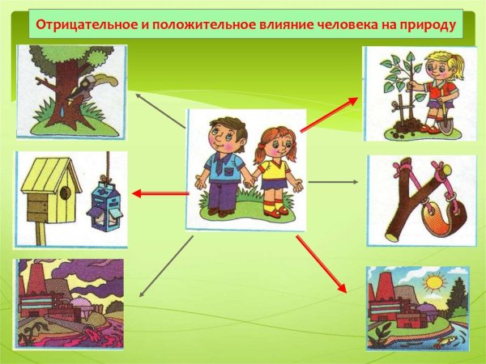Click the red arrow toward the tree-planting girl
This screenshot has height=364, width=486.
pyautogui.click(x=329, y=112)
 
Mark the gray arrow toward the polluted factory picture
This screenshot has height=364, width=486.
pyautogui.click(x=166, y=266)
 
